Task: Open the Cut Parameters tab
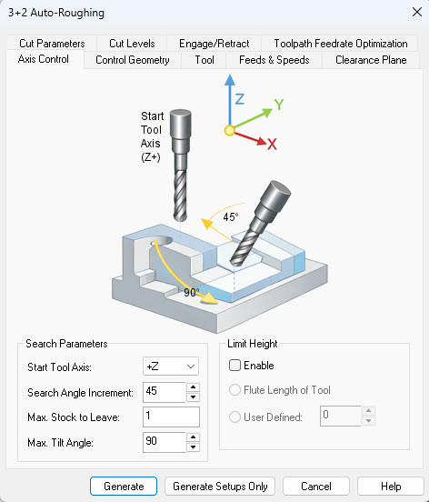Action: (x=52, y=43)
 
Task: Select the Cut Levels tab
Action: (x=132, y=43)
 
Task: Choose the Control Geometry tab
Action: (x=132, y=60)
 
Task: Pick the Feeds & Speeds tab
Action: (x=274, y=60)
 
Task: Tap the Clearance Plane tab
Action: (x=371, y=60)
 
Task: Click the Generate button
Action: (x=124, y=487)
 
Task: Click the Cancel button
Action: (x=315, y=487)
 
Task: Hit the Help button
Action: (x=390, y=487)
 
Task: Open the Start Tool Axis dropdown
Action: (x=171, y=366)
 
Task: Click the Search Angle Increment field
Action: (x=165, y=392)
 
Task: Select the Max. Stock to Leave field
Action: (x=171, y=417)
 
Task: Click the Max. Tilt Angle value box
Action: (x=165, y=443)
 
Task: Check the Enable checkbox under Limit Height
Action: (x=235, y=366)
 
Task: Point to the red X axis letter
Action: (x=272, y=144)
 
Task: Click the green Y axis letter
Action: (x=280, y=105)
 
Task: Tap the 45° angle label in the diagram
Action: (x=232, y=217)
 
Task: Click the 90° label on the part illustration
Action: (x=192, y=293)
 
